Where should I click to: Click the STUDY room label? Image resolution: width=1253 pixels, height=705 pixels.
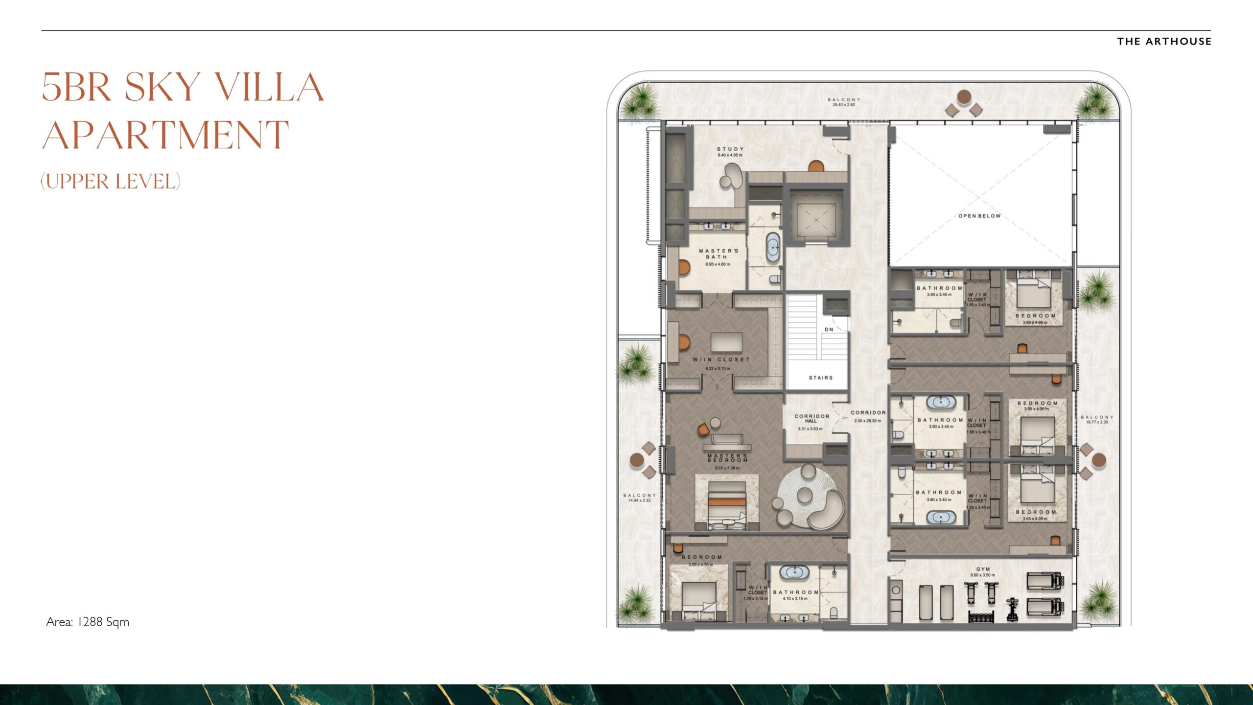pyautogui.click(x=730, y=149)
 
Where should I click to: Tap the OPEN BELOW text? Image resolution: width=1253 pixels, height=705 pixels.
pyautogui.click(x=979, y=216)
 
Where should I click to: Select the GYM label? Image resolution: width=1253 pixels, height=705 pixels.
pyautogui.click(x=983, y=569)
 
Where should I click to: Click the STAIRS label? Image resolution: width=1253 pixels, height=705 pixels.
pyautogui.click(x=821, y=378)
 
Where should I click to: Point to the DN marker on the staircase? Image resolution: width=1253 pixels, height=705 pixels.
pyautogui.click(x=829, y=329)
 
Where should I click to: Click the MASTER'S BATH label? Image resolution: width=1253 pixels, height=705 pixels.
pyautogui.click(x=718, y=254)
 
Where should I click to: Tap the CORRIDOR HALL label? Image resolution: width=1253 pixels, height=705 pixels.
pyautogui.click(x=812, y=418)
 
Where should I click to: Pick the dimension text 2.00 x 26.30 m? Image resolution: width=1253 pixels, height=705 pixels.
pyautogui.click(x=867, y=421)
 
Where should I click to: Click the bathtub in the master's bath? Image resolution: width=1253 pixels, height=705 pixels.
pyautogui.click(x=772, y=248)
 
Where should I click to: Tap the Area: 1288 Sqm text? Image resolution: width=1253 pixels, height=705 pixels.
pyautogui.click(x=88, y=622)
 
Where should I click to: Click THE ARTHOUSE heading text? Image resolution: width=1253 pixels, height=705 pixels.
pyautogui.click(x=1164, y=42)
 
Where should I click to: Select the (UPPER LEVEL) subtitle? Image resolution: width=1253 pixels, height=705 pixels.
pyautogui.click(x=110, y=181)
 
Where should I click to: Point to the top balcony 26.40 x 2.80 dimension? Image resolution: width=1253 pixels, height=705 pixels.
pyautogui.click(x=844, y=105)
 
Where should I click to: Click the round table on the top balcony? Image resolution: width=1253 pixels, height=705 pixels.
pyautogui.click(x=964, y=97)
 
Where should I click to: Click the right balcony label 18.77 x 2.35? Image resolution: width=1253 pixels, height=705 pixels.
pyautogui.click(x=1097, y=422)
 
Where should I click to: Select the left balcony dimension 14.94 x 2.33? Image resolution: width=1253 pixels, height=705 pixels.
pyautogui.click(x=639, y=500)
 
